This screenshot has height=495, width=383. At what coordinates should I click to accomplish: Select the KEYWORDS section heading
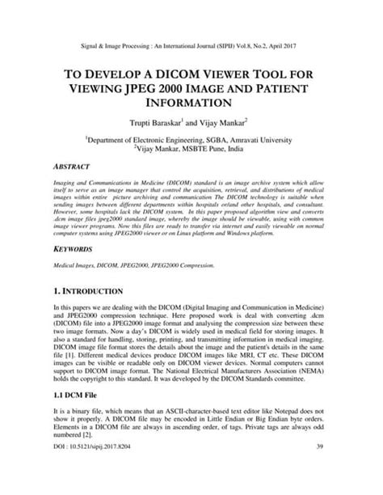(x=73, y=251)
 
